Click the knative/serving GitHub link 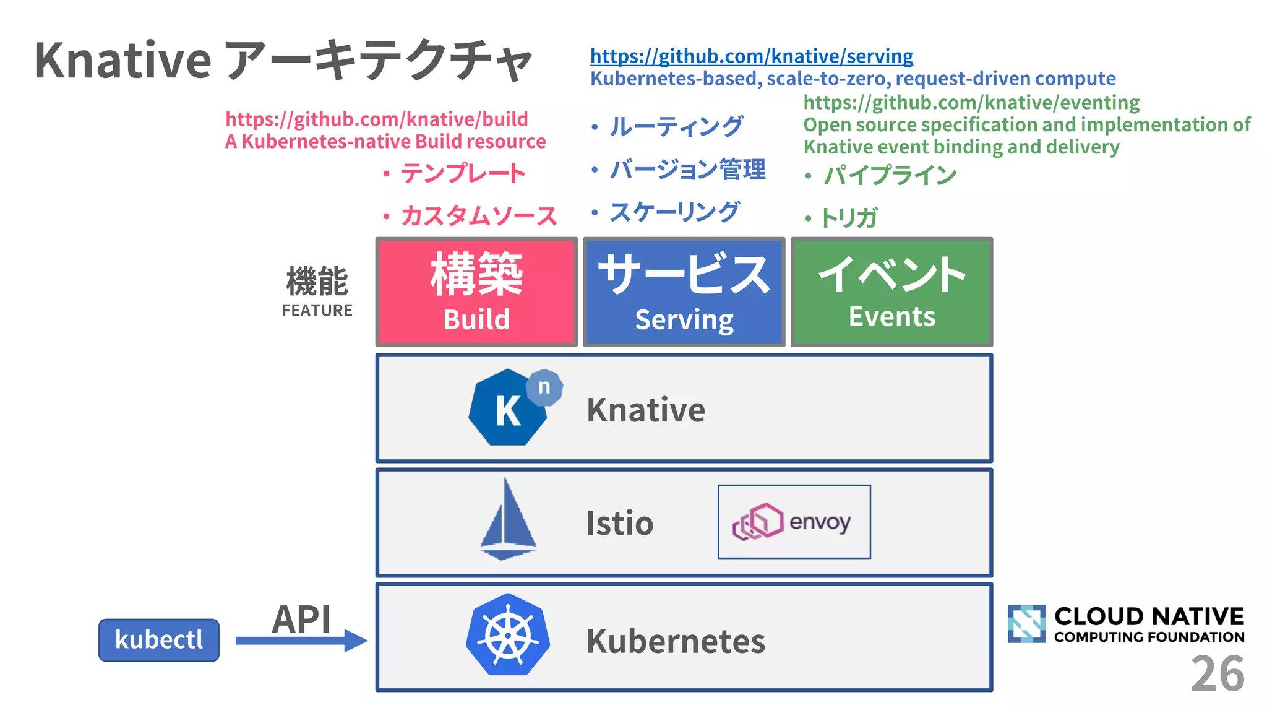(751, 56)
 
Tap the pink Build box (476, 292)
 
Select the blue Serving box (684, 292)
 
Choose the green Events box (891, 292)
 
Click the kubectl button (159, 640)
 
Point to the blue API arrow (301, 640)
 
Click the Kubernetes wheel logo (508, 635)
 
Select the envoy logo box (794, 522)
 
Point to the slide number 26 (1217, 674)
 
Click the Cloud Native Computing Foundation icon (1026, 624)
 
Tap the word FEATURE (317, 311)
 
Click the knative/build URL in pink (376, 119)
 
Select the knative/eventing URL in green (971, 102)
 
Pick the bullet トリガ (848, 218)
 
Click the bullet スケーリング (674, 212)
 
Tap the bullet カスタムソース (478, 216)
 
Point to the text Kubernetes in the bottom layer (676, 641)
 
